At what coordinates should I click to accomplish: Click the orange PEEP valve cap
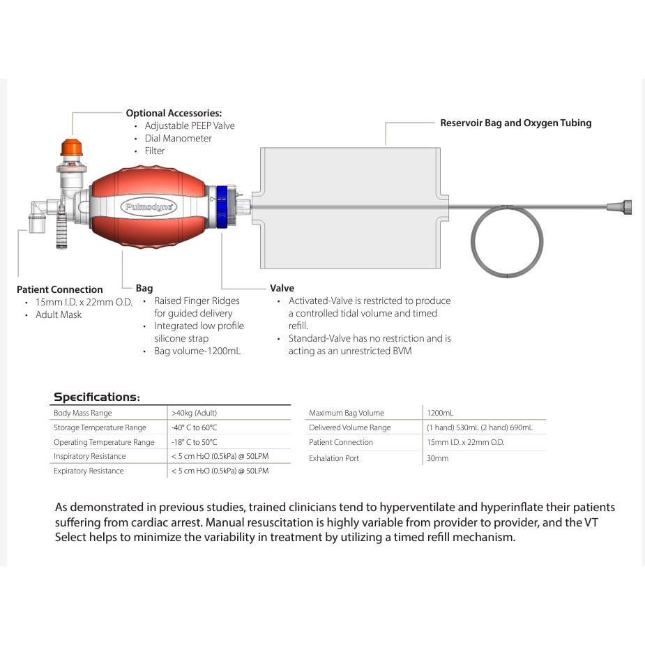[71, 147]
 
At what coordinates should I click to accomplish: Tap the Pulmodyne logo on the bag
[149, 207]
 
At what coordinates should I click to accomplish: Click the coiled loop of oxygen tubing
[507, 242]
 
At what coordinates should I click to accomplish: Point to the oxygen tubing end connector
[619, 206]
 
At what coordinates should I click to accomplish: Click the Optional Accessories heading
[174, 113]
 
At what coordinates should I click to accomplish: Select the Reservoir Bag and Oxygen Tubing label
[515, 123]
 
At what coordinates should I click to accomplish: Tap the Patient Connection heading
[59, 289]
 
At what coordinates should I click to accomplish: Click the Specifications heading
[97, 397]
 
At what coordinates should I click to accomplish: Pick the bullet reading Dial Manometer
[178, 138]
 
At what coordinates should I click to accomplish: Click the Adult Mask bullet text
[59, 314]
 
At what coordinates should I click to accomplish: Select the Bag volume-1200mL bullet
[197, 351]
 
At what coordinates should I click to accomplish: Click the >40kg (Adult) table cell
[194, 413]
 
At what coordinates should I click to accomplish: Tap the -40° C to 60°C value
[194, 427]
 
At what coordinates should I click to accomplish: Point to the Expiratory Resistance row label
[89, 471]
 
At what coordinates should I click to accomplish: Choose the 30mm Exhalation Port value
[437, 458]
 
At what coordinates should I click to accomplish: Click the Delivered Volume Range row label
[349, 427]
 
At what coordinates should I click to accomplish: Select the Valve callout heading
[282, 288]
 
